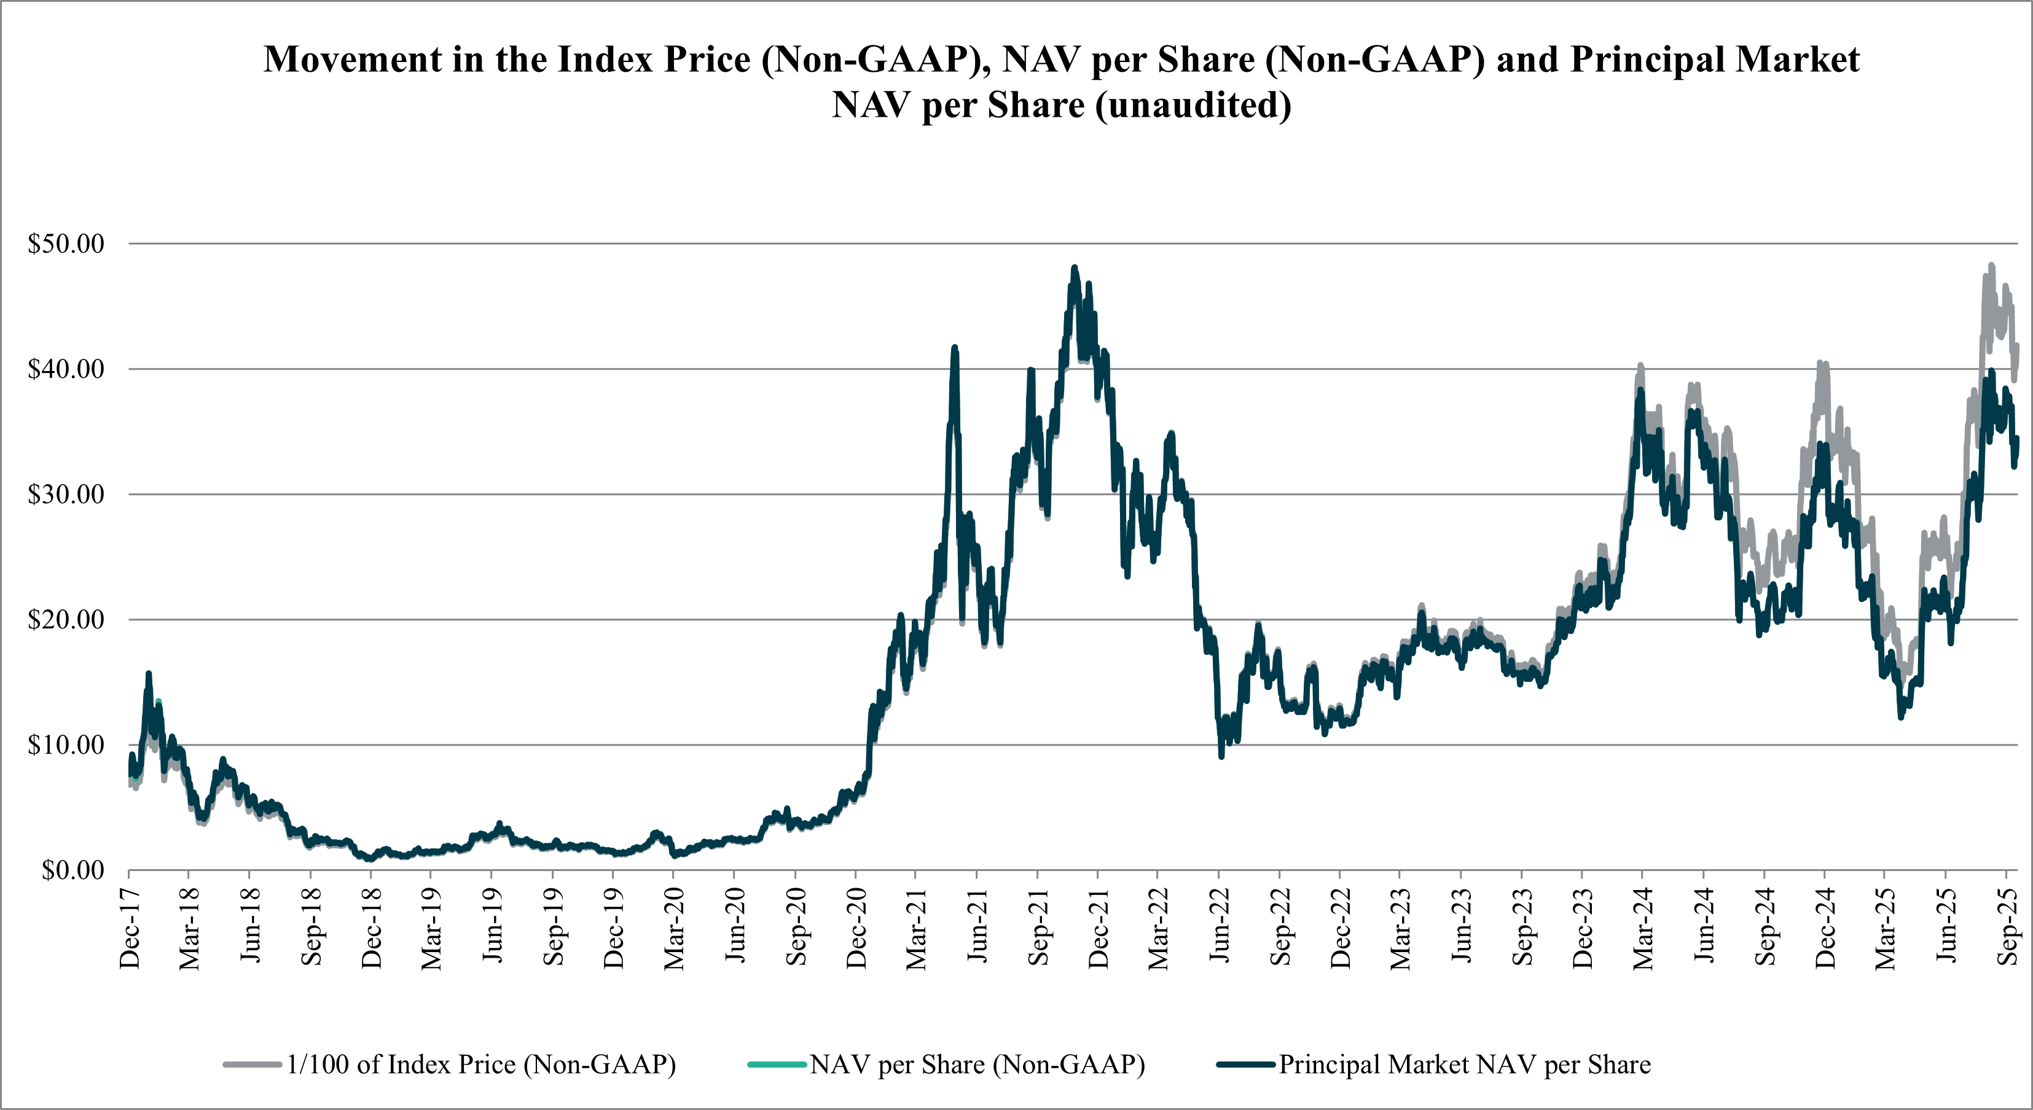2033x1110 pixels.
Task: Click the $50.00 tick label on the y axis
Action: click(66, 244)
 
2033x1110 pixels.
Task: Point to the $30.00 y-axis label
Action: click(66, 494)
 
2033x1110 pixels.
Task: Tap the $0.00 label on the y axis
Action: click(72, 870)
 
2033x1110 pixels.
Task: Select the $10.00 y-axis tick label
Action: click(66, 745)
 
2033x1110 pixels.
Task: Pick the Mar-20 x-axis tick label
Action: click(674, 928)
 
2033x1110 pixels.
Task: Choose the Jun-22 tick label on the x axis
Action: click(1220, 926)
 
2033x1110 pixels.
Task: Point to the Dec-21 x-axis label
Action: click(1098, 928)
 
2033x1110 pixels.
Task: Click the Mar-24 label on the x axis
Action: click(1643, 928)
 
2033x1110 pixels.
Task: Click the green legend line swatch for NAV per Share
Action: click(777, 1065)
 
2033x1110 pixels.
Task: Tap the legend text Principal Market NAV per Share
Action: click(1465, 1065)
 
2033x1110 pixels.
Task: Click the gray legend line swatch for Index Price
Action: click(253, 1065)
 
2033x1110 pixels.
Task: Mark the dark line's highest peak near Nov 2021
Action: click(1074, 268)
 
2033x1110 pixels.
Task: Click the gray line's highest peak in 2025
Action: click(1991, 266)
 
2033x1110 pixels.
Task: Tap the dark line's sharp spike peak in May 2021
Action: click(955, 347)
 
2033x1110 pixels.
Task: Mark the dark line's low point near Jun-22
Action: click(1221, 756)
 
